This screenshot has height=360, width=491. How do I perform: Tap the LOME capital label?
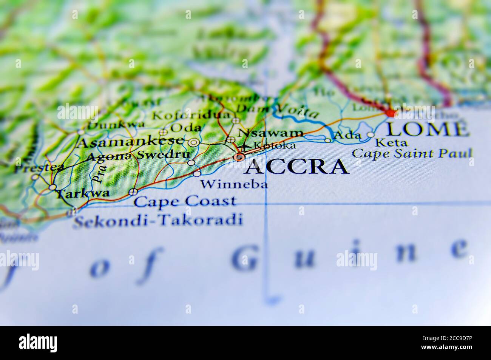427,129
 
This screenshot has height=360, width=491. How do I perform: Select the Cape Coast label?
185,201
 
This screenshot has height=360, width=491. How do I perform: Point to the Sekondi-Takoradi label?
157,219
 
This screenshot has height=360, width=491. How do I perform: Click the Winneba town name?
234,184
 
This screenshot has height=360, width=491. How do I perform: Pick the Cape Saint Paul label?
412,153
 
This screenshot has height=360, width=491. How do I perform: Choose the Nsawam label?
271,133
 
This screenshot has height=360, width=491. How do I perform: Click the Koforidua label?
191,115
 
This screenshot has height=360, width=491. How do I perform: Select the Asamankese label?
130,142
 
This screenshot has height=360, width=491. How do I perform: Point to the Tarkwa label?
83,194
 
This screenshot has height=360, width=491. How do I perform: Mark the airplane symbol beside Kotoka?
245,146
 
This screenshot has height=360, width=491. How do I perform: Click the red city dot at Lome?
391,113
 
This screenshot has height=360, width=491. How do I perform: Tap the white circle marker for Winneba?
197,174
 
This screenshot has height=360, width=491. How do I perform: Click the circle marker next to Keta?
371,135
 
